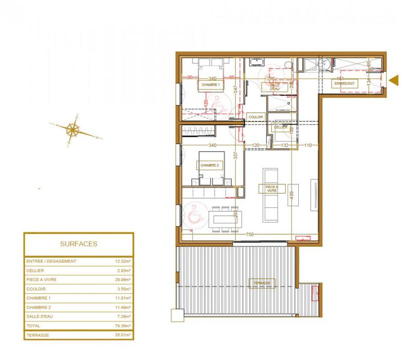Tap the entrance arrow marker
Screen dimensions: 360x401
[x=393, y=79]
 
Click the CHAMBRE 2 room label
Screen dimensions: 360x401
[x=210, y=165]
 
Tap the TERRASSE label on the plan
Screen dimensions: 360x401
[x=262, y=283]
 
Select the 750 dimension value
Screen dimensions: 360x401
[x=249, y=235]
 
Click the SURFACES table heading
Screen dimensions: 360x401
[x=78, y=244]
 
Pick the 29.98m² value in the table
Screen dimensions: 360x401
[x=122, y=280]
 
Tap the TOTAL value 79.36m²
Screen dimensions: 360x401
[x=122, y=325]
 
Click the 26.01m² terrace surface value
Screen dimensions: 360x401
[x=122, y=335]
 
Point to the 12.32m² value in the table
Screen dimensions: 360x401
[x=122, y=261]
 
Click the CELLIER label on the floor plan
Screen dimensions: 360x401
[x=280, y=127]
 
